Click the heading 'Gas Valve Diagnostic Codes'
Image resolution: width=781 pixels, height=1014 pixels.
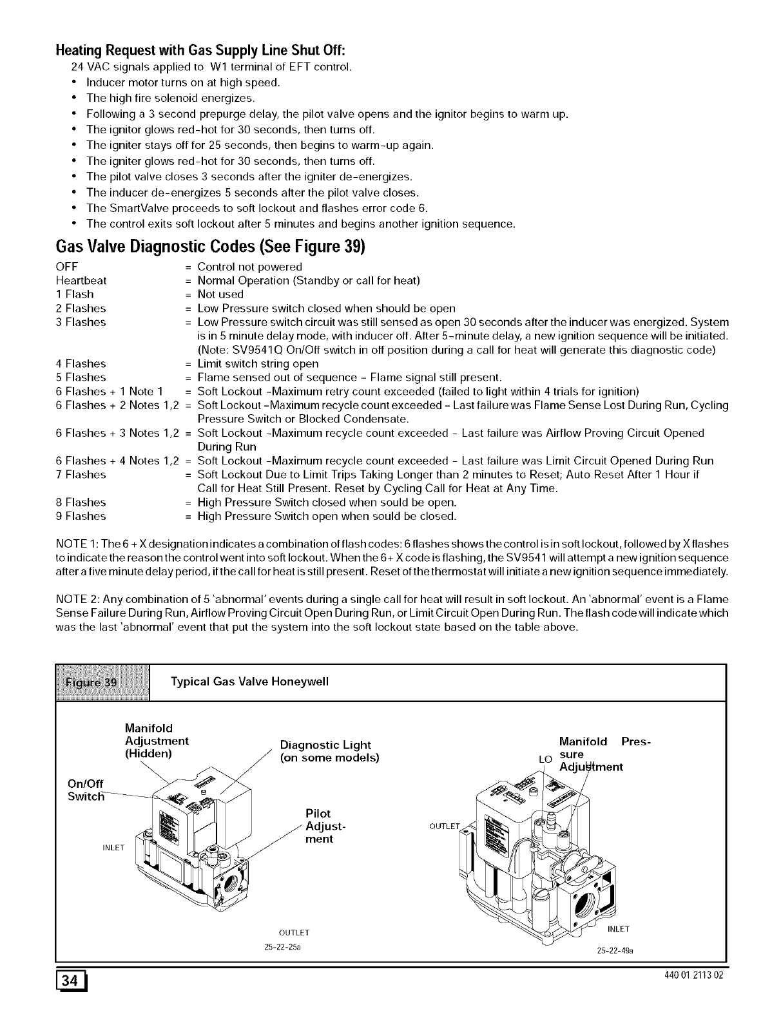pyautogui.click(x=210, y=247)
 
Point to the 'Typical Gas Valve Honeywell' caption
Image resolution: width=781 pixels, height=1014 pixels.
pyautogui.click(x=249, y=682)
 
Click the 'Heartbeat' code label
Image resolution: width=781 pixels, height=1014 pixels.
pyautogui.click(x=81, y=281)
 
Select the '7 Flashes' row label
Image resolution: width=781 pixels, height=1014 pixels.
pyautogui.click(x=81, y=475)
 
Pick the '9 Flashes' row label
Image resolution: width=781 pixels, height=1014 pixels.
pyautogui.click(x=81, y=516)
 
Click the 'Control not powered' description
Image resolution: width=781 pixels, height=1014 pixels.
pyautogui.click(x=249, y=267)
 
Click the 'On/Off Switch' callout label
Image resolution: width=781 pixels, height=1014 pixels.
pyautogui.click(x=86, y=790)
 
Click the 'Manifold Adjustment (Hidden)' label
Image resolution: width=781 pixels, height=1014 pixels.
pyautogui.click(x=156, y=741)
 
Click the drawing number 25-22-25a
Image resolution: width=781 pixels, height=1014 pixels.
pyautogui.click(x=283, y=948)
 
